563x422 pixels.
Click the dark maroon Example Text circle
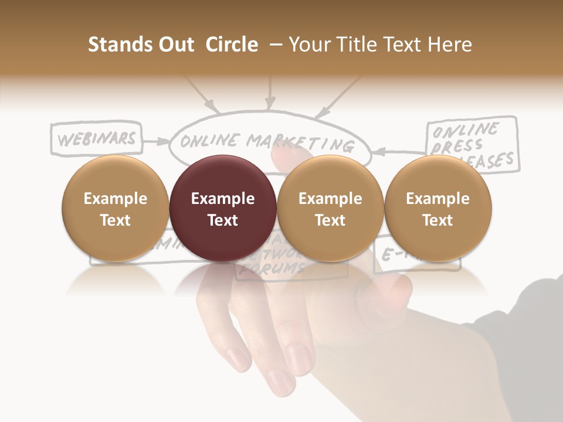pyautogui.click(x=222, y=209)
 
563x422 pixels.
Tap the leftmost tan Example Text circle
pyautogui.click(x=115, y=209)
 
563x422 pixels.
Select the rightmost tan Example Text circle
pyautogui.click(x=437, y=209)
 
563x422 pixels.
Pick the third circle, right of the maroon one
pyautogui.click(x=330, y=209)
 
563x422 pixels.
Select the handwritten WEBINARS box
pyautogui.click(x=97, y=138)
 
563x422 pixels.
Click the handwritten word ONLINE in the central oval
pyautogui.click(x=210, y=141)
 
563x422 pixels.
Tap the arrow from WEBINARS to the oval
pyautogui.click(x=155, y=141)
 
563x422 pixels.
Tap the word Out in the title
pyautogui.click(x=176, y=45)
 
